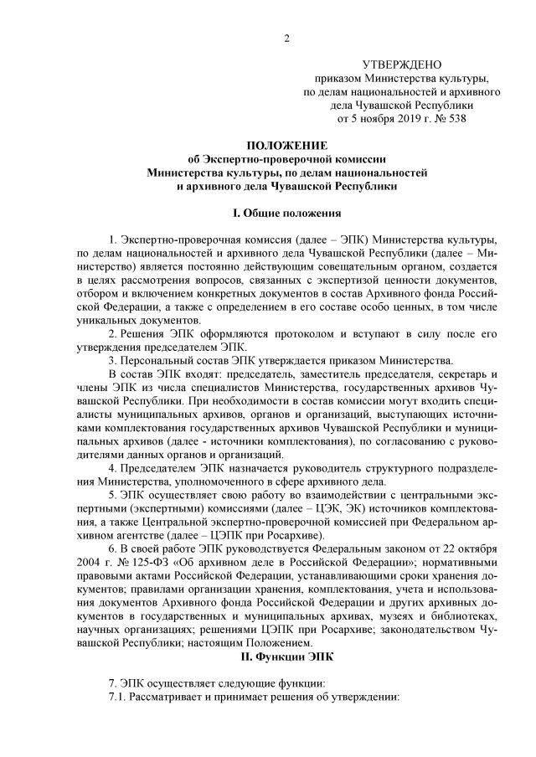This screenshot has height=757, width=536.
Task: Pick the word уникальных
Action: [x=106, y=319]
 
